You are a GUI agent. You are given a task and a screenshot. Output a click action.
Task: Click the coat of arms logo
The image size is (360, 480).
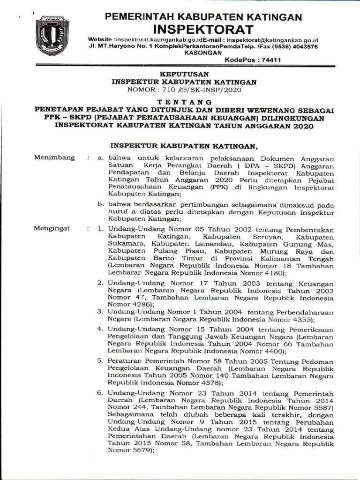(52, 35)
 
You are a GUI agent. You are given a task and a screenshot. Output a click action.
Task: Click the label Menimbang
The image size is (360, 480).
(54, 157)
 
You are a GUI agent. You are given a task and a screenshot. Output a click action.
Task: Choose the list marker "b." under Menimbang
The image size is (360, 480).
(100, 204)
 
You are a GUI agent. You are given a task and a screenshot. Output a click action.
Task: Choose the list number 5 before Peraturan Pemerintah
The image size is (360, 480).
(100, 361)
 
